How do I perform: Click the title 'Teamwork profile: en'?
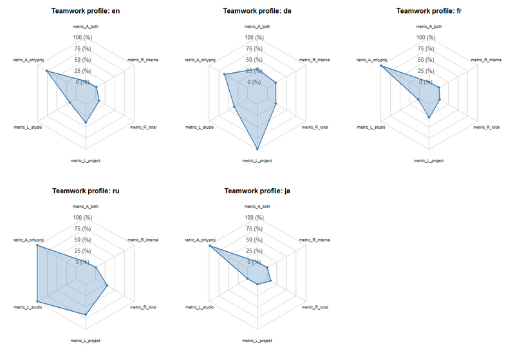(x=86, y=11)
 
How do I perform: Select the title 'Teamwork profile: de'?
(x=257, y=11)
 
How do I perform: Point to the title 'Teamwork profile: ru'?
(x=86, y=191)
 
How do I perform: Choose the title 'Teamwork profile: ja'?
(x=257, y=191)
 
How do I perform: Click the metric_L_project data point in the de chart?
(x=257, y=149)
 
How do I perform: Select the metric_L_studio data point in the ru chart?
(x=37, y=301)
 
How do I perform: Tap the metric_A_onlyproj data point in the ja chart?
(x=210, y=246)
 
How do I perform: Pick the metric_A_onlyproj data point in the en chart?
(x=46, y=71)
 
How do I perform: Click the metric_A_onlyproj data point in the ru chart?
(x=37, y=245)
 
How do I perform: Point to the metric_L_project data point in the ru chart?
(x=86, y=314)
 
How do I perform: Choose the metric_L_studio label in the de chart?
(x=200, y=128)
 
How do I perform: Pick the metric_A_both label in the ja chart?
(x=257, y=207)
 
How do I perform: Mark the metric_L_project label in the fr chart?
(x=429, y=160)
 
